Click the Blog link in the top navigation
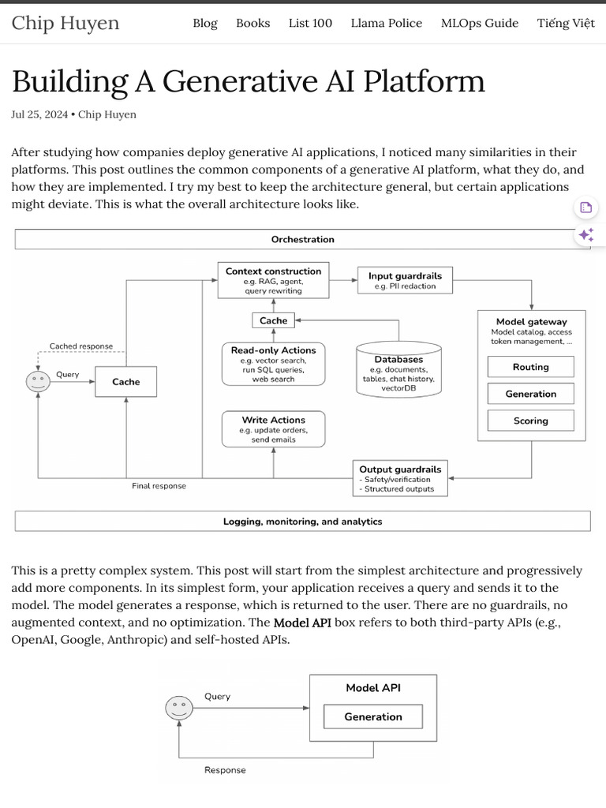point(204,23)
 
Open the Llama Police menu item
point(386,23)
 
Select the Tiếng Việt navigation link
point(566,23)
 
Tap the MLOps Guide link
point(479,23)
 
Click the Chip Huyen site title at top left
point(65,23)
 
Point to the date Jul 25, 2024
point(39,114)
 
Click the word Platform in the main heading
point(427,81)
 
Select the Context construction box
point(273,281)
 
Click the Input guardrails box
point(405,280)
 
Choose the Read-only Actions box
point(273,364)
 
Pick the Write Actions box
point(273,429)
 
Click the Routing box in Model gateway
point(530,367)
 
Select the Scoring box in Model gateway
point(530,421)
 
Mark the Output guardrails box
point(400,478)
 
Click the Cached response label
point(81,346)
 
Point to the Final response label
point(159,486)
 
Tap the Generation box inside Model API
point(373,716)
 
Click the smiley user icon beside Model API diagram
point(179,708)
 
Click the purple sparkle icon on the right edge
point(585,234)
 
